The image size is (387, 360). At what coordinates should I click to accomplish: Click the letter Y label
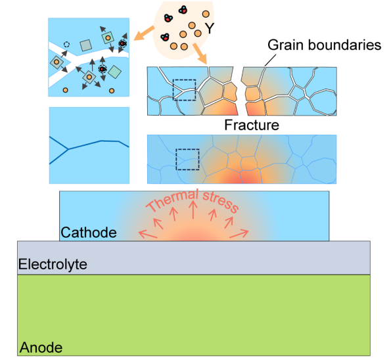[210, 28]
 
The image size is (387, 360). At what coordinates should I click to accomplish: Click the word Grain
[285, 45]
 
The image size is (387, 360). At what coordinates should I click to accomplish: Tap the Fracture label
[252, 125]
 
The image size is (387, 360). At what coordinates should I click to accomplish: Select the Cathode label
[89, 233]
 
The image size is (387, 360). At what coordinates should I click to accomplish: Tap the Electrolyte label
[53, 264]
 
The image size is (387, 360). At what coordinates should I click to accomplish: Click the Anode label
[41, 348]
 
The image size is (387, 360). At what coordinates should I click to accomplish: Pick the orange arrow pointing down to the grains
[200, 54]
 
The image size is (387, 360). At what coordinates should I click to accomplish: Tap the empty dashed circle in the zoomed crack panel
[66, 45]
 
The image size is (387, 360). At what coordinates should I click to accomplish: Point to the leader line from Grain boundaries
[270, 60]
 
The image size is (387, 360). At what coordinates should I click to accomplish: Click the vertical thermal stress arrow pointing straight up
[193, 210]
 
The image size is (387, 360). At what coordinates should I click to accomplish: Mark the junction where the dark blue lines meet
[68, 149]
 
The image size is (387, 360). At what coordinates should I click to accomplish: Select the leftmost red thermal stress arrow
[148, 234]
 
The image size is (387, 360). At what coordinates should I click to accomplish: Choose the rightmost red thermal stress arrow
[239, 233]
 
